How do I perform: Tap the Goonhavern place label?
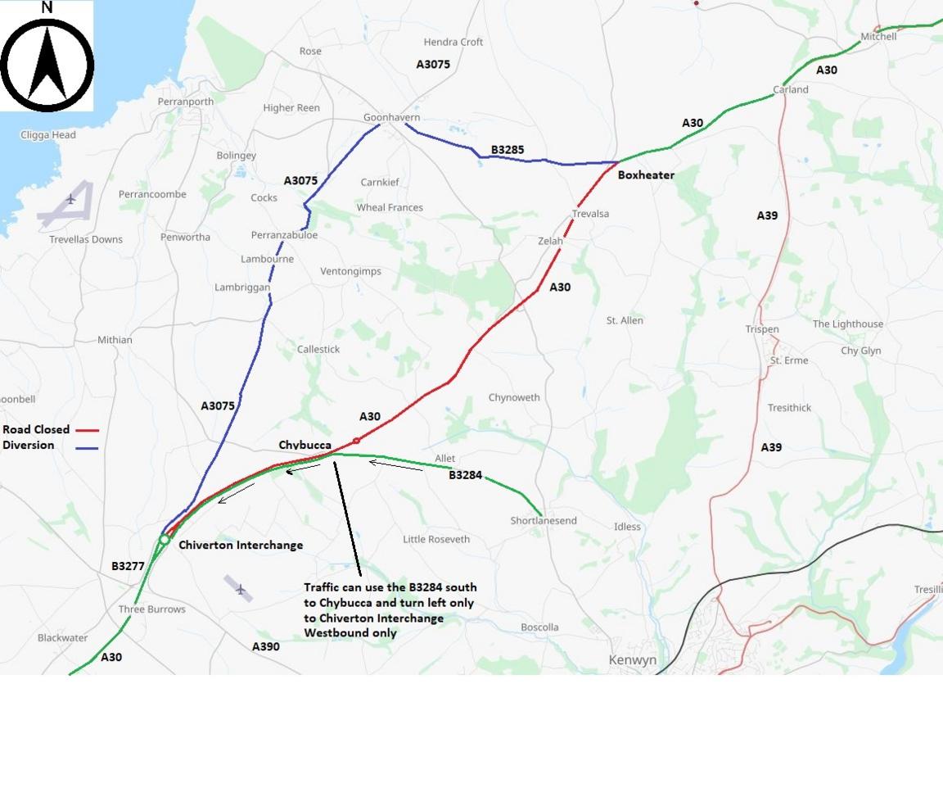(x=391, y=118)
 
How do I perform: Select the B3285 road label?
(x=508, y=150)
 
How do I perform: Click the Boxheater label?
(x=646, y=175)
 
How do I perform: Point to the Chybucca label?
(x=305, y=445)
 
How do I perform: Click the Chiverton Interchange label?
(x=241, y=546)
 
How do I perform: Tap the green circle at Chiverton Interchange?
(x=165, y=540)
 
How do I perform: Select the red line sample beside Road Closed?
(x=87, y=430)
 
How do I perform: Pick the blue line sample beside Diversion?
(x=86, y=447)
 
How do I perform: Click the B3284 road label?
(x=465, y=475)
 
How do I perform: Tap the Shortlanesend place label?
(x=544, y=521)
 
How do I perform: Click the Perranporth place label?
(x=186, y=102)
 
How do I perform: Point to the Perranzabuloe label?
(x=284, y=235)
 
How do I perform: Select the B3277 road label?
(x=128, y=566)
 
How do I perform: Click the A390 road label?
(x=265, y=646)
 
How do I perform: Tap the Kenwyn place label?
(x=633, y=660)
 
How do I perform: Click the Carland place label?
(x=791, y=90)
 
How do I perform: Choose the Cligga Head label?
(x=48, y=135)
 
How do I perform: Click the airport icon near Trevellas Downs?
(x=70, y=199)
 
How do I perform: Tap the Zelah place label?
(x=550, y=242)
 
